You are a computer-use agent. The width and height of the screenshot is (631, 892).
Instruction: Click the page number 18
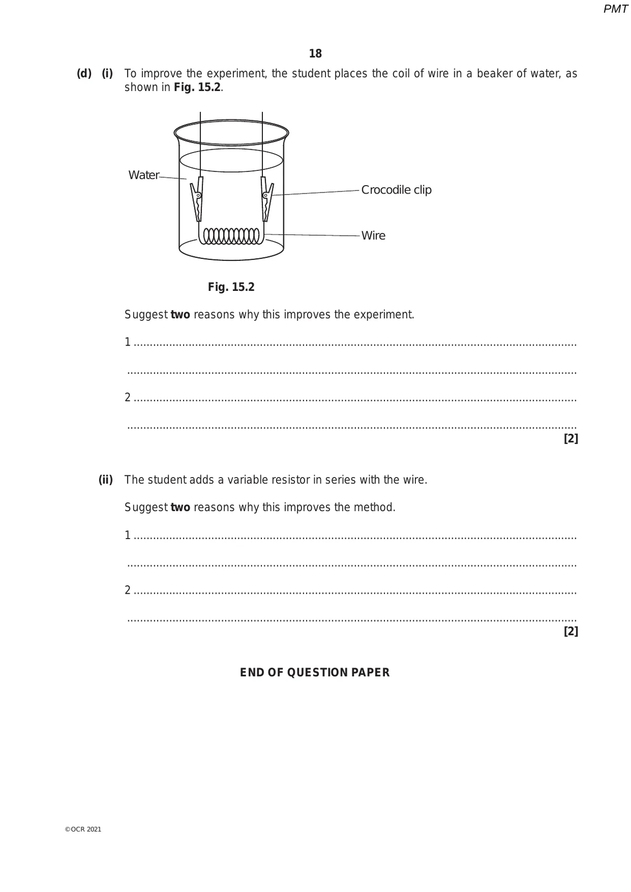pyautogui.click(x=315, y=54)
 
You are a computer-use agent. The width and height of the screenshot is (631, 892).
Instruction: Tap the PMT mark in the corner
pyautogui.click(x=615, y=9)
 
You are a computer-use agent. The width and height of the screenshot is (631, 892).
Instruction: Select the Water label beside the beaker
pyautogui.click(x=144, y=175)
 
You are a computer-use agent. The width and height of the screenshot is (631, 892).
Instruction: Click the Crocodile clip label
pyautogui.click(x=396, y=190)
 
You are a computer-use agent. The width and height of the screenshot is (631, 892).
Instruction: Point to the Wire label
pyautogui.click(x=373, y=236)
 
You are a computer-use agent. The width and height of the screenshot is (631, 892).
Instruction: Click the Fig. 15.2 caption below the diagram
pyautogui.click(x=231, y=287)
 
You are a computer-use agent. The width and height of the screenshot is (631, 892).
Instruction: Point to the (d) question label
pyautogui.click(x=84, y=74)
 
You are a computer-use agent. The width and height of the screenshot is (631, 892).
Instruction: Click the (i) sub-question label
pyautogui.click(x=107, y=74)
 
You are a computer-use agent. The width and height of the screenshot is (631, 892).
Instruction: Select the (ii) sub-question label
pyautogui.click(x=106, y=480)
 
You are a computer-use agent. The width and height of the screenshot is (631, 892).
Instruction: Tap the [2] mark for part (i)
pyautogui.click(x=571, y=439)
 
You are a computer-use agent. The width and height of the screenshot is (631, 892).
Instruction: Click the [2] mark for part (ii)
pyautogui.click(x=571, y=631)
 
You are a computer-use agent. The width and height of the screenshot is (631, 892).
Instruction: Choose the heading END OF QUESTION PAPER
pyautogui.click(x=315, y=673)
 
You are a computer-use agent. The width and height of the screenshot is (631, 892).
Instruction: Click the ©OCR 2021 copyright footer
pyautogui.click(x=83, y=829)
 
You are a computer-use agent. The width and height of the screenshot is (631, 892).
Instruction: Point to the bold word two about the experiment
pyautogui.click(x=180, y=315)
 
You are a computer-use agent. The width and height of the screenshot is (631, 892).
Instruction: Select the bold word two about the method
pyautogui.click(x=180, y=508)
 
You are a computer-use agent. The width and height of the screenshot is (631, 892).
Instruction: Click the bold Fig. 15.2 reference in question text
pyautogui.click(x=197, y=88)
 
